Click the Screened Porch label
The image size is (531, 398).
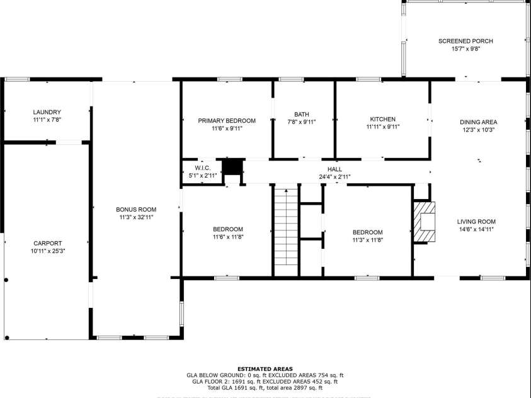click(465, 41)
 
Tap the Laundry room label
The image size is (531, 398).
click(47, 112)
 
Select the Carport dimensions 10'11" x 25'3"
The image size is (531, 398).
click(47, 251)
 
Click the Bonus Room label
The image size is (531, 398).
click(136, 210)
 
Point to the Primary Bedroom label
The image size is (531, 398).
click(227, 120)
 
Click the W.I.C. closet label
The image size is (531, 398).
click(203, 168)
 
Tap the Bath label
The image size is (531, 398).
click(301, 114)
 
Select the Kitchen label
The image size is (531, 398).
click(382, 119)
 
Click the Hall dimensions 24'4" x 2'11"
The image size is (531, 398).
click(334, 177)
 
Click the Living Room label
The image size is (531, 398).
click(476, 222)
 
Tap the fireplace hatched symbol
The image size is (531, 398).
click(424, 222)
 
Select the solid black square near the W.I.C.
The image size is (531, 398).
click(233, 166)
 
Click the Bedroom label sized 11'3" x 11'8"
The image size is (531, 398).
click(367, 232)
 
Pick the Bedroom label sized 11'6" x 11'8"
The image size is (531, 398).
click(227, 229)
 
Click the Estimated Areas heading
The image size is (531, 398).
click(265, 368)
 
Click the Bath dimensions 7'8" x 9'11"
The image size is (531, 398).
click(301, 122)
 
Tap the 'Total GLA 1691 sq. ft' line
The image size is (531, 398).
click(265, 387)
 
